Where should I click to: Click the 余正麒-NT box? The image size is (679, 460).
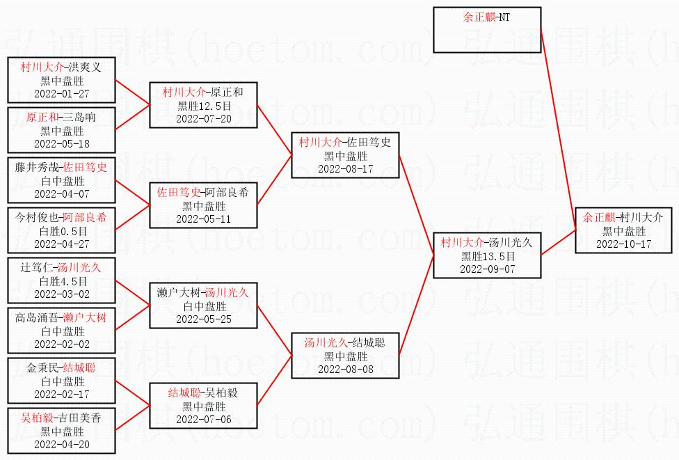(x=487, y=29)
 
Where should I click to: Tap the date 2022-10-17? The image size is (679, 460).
(x=623, y=244)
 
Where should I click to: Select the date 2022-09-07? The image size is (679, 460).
(x=487, y=269)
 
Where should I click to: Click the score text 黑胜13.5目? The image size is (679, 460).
(x=487, y=256)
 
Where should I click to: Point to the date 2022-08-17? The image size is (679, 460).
(x=345, y=168)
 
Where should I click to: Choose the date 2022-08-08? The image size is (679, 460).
(x=345, y=369)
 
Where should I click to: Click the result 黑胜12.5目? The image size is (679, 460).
(x=203, y=106)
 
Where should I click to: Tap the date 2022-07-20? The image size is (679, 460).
(x=203, y=118)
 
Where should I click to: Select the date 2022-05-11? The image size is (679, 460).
(x=203, y=219)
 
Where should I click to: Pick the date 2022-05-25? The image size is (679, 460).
(x=203, y=319)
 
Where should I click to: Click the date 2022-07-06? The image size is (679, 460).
(x=203, y=419)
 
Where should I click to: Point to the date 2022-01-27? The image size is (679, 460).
(x=61, y=93)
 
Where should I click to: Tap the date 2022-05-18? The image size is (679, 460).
(x=61, y=143)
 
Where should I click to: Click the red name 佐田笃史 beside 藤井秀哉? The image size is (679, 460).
(x=86, y=168)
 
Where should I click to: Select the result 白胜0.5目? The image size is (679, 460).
(x=62, y=231)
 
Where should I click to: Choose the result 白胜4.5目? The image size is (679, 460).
(x=62, y=281)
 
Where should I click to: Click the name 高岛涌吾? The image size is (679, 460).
(x=36, y=318)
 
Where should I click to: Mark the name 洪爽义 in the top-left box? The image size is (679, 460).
(x=85, y=68)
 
